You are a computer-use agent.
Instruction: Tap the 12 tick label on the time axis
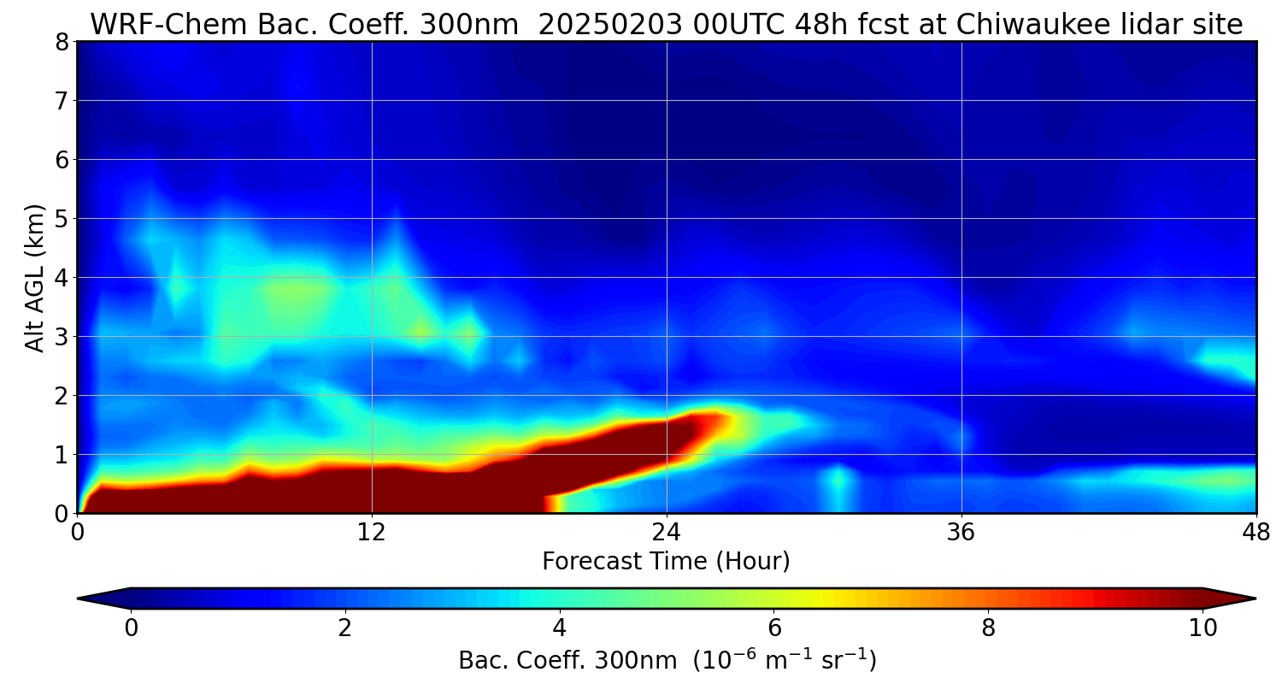tap(372, 534)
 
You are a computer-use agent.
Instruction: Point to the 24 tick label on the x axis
tap(667, 534)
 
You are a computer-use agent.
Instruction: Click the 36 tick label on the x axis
tap(961, 534)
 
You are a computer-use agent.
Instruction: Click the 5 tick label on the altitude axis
tap(61, 219)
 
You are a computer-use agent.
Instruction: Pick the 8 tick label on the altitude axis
tap(61, 42)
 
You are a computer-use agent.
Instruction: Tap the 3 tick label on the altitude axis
tap(61, 337)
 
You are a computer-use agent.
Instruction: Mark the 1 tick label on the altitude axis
tap(61, 455)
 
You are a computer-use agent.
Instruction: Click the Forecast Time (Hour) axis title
tap(666, 562)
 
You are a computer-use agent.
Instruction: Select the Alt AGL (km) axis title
tap(35, 278)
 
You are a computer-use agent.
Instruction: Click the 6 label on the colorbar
tap(773, 628)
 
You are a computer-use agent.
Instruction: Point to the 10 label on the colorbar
tap(1203, 628)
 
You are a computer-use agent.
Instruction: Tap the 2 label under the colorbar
tap(344, 628)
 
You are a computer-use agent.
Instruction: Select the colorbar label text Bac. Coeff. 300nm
tap(569, 661)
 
